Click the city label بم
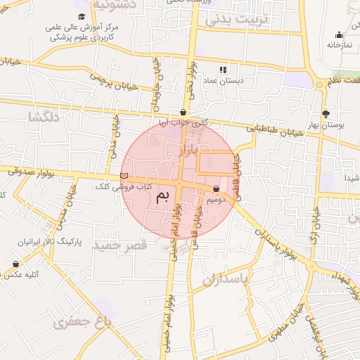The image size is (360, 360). [x=162, y=195]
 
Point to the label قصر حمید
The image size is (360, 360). [x=122, y=245]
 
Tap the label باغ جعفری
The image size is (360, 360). [x=82, y=323]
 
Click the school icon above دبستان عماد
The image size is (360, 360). [x=224, y=70]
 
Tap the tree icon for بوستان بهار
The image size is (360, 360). [x=325, y=114]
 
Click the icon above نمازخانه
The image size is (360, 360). [x=339, y=34]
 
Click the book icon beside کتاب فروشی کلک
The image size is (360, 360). [x=124, y=176]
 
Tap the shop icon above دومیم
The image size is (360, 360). [x=216, y=189]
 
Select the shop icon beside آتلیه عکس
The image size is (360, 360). [x=15, y=264]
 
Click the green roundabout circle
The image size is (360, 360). [x=320, y=84]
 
